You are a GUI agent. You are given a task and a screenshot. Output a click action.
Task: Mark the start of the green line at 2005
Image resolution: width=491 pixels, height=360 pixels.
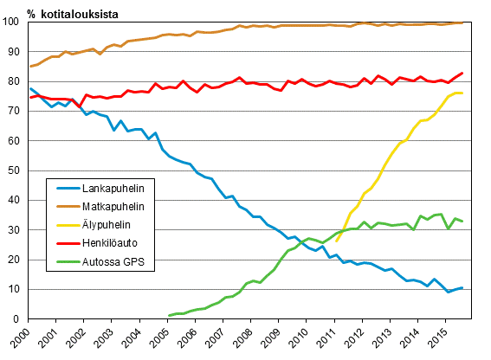(168, 316)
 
